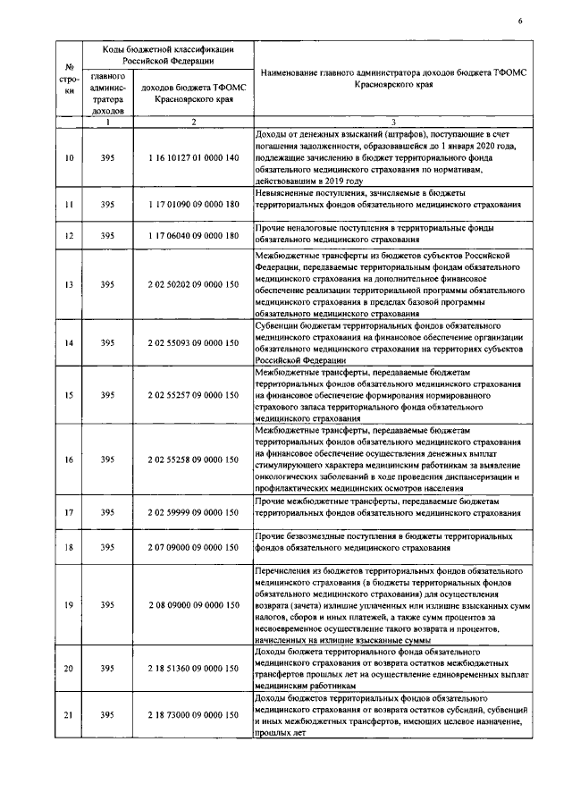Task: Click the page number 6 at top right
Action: [519, 21]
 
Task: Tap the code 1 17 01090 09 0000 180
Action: [194, 205]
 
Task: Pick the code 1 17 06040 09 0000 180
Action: [194, 236]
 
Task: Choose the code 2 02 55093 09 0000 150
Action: [194, 342]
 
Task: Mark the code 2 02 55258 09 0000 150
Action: [194, 459]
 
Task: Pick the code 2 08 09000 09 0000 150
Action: [194, 605]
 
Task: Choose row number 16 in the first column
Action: [70, 459]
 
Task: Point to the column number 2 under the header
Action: [194, 122]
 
